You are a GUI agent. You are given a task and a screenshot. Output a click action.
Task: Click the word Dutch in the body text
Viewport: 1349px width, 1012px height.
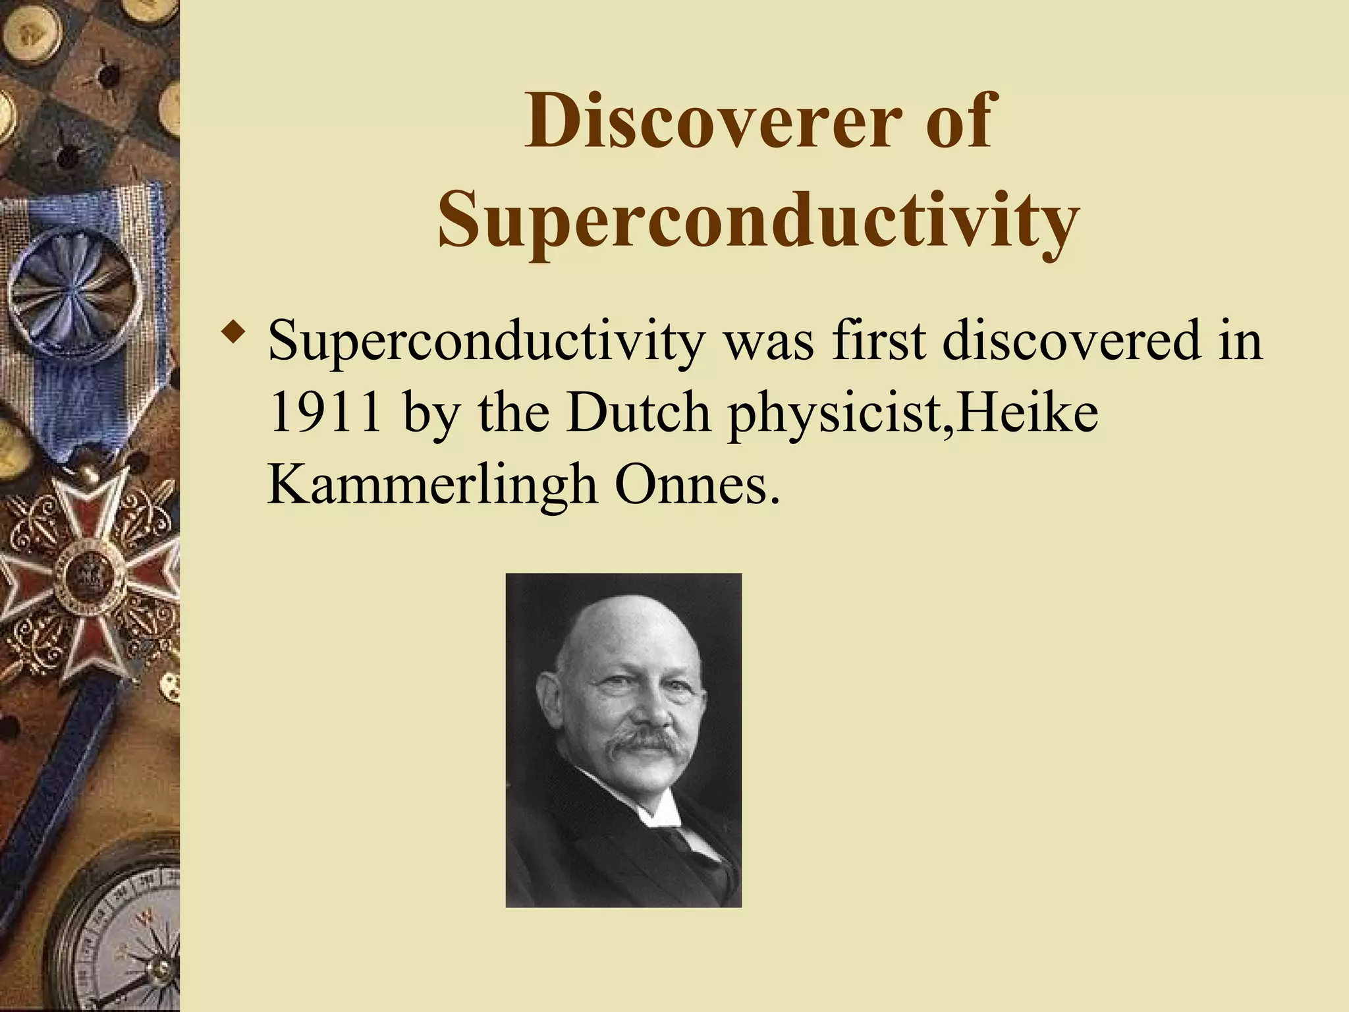pyautogui.click(x=639, y=413)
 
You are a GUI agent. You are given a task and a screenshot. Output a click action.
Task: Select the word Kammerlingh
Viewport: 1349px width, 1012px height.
pyautogui.click(x=432, y=485)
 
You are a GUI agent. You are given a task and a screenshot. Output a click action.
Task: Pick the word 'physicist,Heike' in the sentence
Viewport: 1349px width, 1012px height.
pyautogui.click(x=912, y=413)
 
